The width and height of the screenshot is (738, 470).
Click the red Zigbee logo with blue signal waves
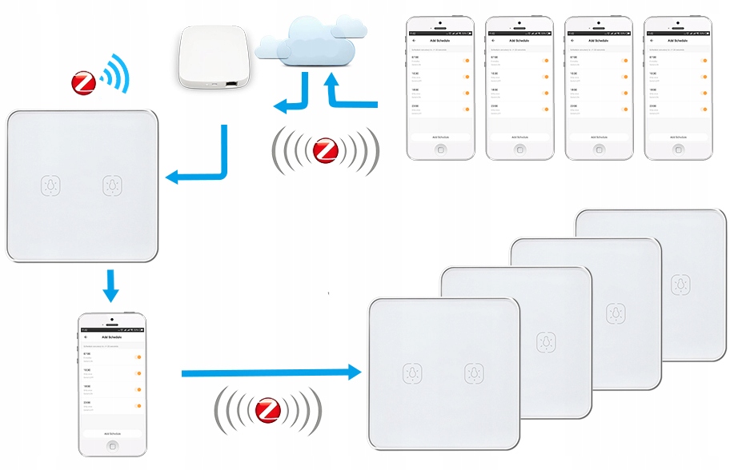(84, 82)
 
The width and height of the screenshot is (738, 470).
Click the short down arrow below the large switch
(111, 285)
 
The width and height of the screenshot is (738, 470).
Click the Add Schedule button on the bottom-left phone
(113, 432)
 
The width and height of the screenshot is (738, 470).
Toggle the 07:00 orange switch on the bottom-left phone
(138, 357)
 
